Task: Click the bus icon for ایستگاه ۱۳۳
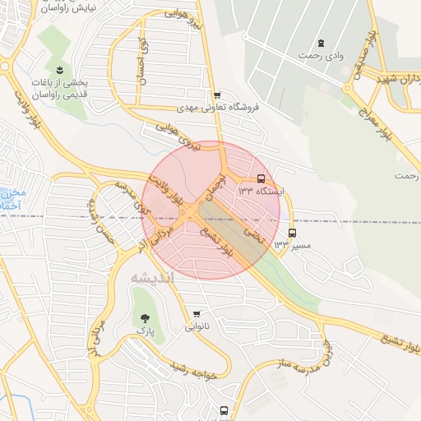[x=261, y=178]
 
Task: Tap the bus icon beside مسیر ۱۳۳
[x=292, y=233]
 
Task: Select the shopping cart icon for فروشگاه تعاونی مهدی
[x=215, y=95]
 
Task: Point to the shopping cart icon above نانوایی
[x=197, y=313]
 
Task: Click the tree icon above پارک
[x=146, y=317]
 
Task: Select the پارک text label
[x=146, y=331]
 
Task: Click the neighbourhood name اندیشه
[x=153, y=278]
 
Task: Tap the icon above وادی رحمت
[x=321, y=43]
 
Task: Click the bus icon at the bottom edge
[x=224, y=410]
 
